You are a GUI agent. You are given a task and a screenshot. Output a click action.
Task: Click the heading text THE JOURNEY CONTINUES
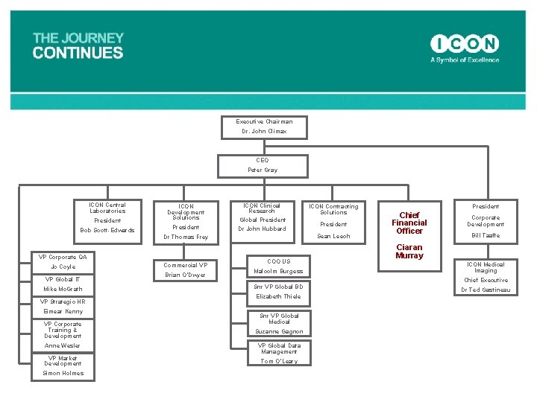pos(78,45)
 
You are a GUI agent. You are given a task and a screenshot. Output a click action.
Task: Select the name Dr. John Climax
pos(264,132)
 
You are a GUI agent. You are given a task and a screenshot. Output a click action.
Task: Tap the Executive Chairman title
pos(264,121)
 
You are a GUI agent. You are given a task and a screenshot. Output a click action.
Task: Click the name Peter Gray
pos(263,170)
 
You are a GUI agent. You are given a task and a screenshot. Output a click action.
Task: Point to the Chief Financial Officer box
pos(409,223)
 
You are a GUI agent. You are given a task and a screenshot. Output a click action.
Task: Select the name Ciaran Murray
pos(409,252)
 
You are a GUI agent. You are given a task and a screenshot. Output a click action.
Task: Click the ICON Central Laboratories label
pos(107,208)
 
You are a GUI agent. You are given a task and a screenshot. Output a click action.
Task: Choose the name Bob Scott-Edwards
pos(107,230)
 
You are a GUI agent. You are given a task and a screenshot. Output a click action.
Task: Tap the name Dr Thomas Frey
pos(186,237)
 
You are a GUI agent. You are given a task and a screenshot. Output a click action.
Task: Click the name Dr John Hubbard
pos(262,229)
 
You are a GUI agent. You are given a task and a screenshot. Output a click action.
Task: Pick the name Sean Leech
pos(333,237)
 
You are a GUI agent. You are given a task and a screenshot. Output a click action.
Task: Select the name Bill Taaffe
pos(486,236)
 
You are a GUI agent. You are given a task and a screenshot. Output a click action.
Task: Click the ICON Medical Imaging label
pos(486,267)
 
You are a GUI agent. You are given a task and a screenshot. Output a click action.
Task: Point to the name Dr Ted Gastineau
pos(486,290)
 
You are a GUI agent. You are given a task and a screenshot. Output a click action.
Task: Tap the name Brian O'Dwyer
pos(186,275)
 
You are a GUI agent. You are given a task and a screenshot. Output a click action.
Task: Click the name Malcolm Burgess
pos(278,272)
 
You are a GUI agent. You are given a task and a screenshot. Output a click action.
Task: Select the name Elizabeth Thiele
pos(278,296)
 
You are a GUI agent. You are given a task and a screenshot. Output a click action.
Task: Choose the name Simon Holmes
pos(63,374)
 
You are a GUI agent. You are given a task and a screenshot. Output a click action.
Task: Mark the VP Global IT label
pos(63,279)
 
